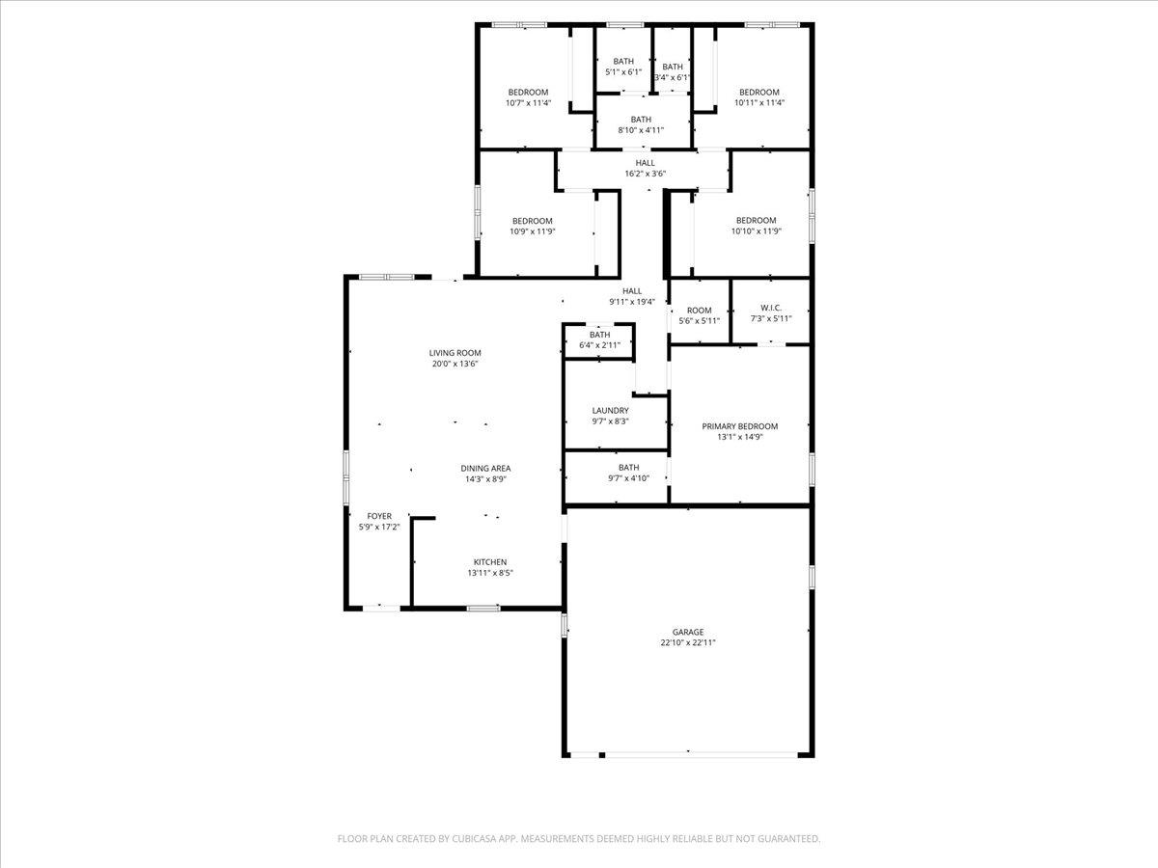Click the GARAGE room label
pyautogui.click(x=688, y=632)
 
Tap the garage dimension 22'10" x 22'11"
pyautogui.click(x=688, y=642)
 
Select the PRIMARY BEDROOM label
pyautogui.click(x=739, y=426)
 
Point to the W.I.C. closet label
pyautogui.click(x=771, y=308)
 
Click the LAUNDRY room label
pyautogui.click(x=611, y=411)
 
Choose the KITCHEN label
pyautogui.click(x=490, y=562)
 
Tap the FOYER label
pyautogui.click(x=379, y=517)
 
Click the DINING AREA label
pyautogui.click(x=485, y=469)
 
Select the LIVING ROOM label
pyautogui.click(x=455, y=353)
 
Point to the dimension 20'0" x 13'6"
pyautogui.click(x=455, y=364)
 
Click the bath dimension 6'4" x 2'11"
pyautogui.click(x=600, y=345)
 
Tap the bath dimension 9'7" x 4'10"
pyautogui.click(x=628, y=478)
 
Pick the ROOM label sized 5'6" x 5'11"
pyautogui.click(x=699, y=311)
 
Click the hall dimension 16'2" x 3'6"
pyautogui.click(x=646, y=174)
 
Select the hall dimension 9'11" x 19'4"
pyautogui.click(x=632, y=302)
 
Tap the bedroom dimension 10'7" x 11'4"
pyautogui.click(x=528, y=103)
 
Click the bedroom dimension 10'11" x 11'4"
pyautogui.click(x=759, y=103)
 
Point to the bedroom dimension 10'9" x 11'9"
pyautogui.click(x=533, y=231)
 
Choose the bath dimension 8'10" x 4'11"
pyautogui.click(x=641, y=130)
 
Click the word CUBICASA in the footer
pyautogui.click(x=474, y=838)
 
